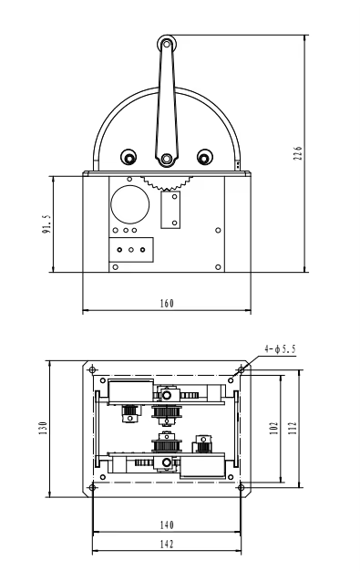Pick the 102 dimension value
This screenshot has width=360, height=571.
(273, 427)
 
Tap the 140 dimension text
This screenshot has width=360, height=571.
(167, 526)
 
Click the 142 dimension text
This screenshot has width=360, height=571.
(167, 544)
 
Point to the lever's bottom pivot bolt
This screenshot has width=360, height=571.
(166, 161)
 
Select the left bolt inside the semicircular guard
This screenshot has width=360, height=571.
(129, 157)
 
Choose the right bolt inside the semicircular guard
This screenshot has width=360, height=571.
(202, 157)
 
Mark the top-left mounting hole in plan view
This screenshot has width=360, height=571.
(93, 368)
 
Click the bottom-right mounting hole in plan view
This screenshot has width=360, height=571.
(240, 487)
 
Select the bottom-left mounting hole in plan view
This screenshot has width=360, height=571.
(93, 487)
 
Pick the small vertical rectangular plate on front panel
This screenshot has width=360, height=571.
(170, 211)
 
